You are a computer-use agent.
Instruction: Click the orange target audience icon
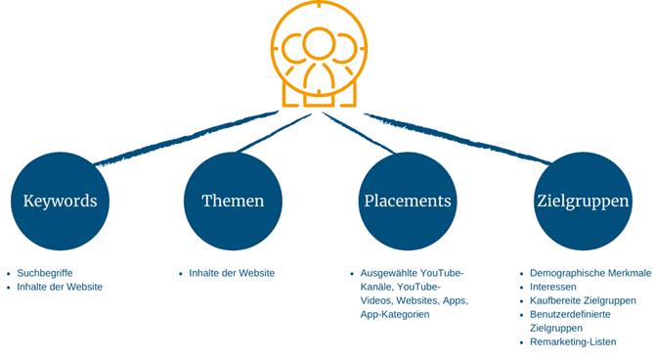pos(319,55)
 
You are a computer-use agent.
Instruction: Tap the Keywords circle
pos(60,201)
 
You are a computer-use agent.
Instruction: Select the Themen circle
pos(233,201)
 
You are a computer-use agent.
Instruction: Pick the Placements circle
pos(408,201)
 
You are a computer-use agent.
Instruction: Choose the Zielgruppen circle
pos(582,201)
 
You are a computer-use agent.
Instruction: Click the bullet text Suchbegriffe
pos(45,273)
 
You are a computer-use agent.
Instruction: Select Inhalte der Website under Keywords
pos(60,287)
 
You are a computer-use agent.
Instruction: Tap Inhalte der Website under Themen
pos(232,273)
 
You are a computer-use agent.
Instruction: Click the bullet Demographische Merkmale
pos(589,273)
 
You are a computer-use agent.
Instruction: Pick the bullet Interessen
pos(553,287)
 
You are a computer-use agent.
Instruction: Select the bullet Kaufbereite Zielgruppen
pos(583,300)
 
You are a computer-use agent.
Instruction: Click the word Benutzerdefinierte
pos(570,314)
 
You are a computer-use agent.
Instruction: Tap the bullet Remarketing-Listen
pos(573,342)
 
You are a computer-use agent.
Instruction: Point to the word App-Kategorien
pos(395,314)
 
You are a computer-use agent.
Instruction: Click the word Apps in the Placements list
pos(455,300)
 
